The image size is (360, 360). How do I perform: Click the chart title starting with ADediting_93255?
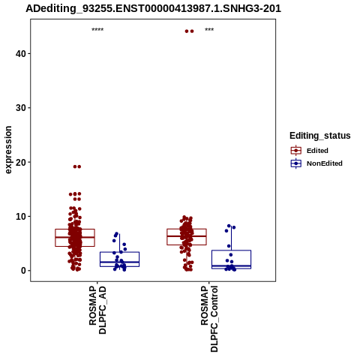(x=153, y=8)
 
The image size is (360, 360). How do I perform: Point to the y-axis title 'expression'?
(x=8, y=150)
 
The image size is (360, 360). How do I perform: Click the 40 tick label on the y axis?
(x=21, y=54)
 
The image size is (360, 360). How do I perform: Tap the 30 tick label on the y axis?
(x=21, y=108)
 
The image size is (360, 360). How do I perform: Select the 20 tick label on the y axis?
(x=21, y=162)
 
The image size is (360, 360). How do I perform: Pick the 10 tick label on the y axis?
(x=21, y=217)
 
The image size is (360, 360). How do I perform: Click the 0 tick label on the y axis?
(x=23, y=271)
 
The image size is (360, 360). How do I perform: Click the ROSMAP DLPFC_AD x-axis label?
(x=97, y=310)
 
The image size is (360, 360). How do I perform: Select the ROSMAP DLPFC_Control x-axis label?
(x=209, y=319)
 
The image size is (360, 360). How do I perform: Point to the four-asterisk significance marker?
(x=97, y=30)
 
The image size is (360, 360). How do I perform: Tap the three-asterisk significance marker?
(x=209, y=30)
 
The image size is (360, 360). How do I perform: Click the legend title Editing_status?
(x=320, y=136)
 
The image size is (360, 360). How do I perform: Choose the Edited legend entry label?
(x=317, y=151)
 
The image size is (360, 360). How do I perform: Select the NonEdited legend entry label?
(x=325, y=163)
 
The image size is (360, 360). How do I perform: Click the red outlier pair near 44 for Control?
(x=189, y=31)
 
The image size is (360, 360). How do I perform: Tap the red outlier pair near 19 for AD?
(x=77, y=166)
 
